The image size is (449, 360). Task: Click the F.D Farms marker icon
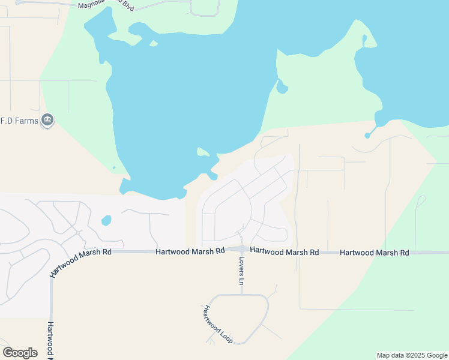coord(47,121)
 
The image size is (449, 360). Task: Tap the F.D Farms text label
coord(20,121)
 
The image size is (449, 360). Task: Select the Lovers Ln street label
coord(242,271)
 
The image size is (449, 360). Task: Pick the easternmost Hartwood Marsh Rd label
coord(374,253)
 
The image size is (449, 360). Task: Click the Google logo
coord(20,353)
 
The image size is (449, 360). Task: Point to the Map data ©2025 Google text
coord(411,355)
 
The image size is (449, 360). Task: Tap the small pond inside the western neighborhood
coord(106,220)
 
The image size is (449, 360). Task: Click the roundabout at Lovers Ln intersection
coord(241,250)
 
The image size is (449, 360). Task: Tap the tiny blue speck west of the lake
coord(113,168)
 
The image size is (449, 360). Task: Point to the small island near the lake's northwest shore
coord(154,43)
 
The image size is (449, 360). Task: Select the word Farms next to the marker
coord(27,121)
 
